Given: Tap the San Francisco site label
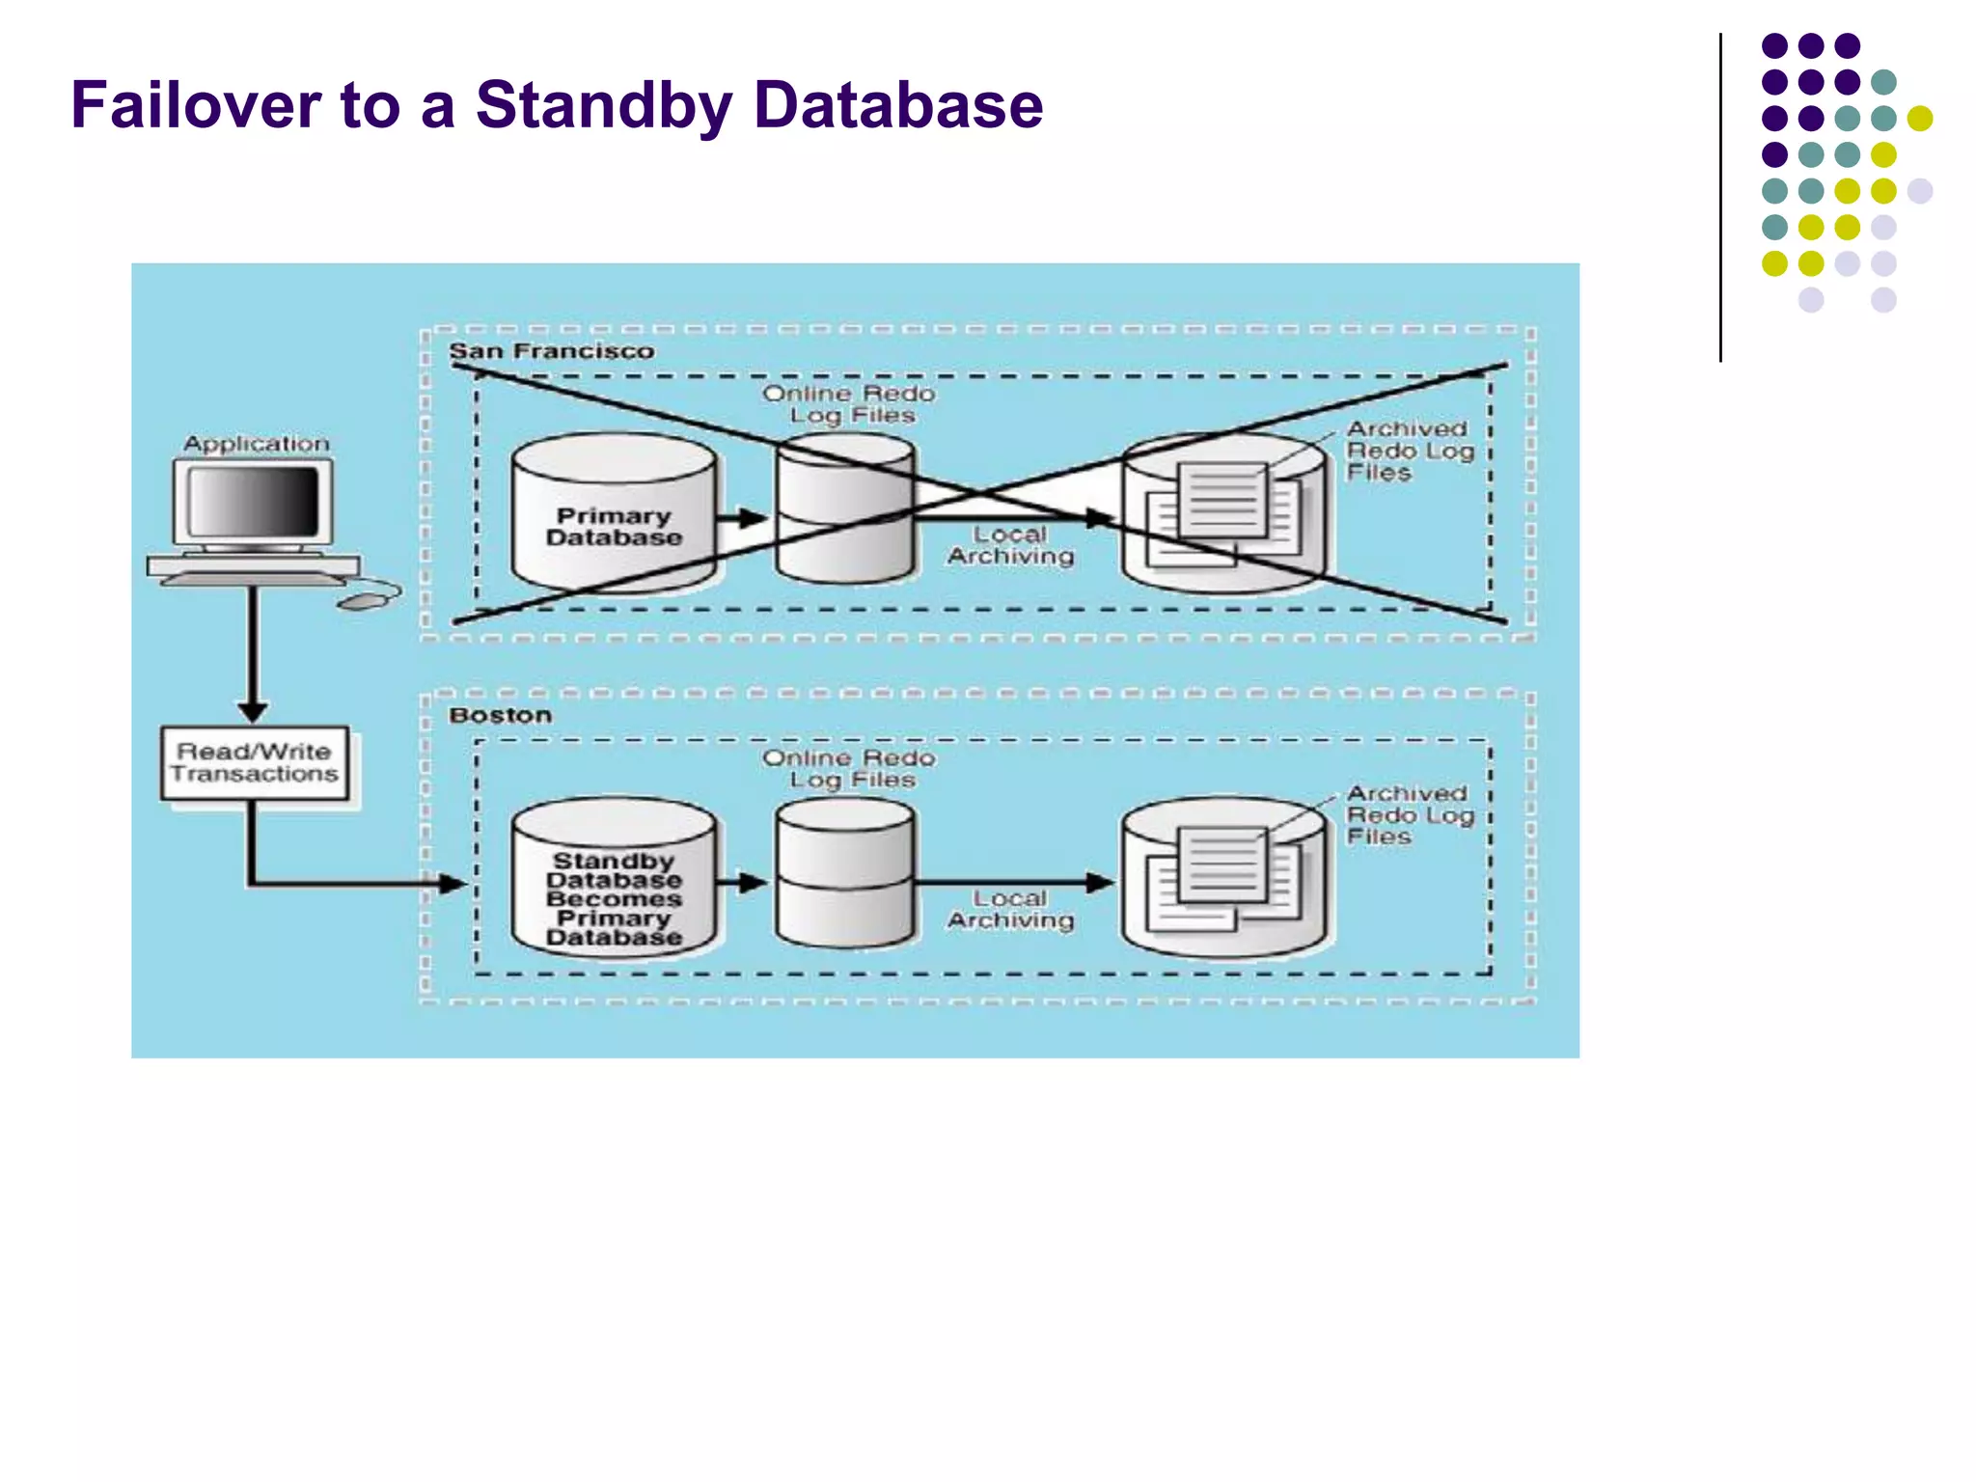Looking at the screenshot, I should (551, 351).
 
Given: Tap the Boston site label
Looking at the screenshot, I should (500, 716).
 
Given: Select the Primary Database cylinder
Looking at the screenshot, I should (614, 516).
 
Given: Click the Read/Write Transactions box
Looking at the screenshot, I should (255, 763).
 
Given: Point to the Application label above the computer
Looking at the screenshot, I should (257, 444).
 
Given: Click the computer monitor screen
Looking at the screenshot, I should (253, 502).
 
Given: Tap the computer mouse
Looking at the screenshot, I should (364, 602).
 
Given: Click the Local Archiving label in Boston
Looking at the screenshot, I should (1010, 910).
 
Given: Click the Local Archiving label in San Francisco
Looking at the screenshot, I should (1010, 545).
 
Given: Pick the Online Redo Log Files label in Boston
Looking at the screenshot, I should (849, 769).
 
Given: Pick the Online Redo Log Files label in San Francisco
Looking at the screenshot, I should (849, 404).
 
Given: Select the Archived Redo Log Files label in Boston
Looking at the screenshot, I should (1409, 815).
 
